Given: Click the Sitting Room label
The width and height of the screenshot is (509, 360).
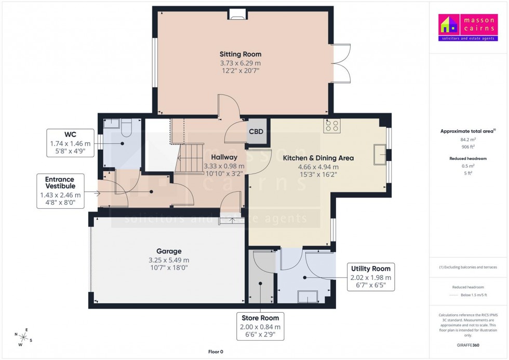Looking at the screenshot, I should [x=240, y=54].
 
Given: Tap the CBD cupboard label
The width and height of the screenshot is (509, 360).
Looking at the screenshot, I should [x=256, y=132].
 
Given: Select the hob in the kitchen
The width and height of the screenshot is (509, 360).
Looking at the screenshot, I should [x=331, y=126].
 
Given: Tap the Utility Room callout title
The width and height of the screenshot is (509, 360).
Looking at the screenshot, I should [x=370, y=269].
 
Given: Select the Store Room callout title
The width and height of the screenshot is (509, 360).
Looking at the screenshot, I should [x=260, y=318].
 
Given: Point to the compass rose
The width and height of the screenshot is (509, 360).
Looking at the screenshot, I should [x=23, y=337].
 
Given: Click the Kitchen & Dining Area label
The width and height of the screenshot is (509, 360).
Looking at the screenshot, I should [x=318, y=158].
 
